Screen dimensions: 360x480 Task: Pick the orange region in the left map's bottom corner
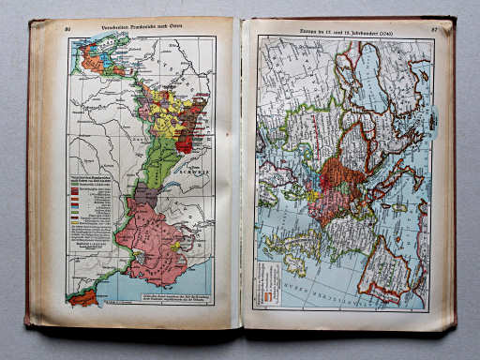click(x=82, y=297)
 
